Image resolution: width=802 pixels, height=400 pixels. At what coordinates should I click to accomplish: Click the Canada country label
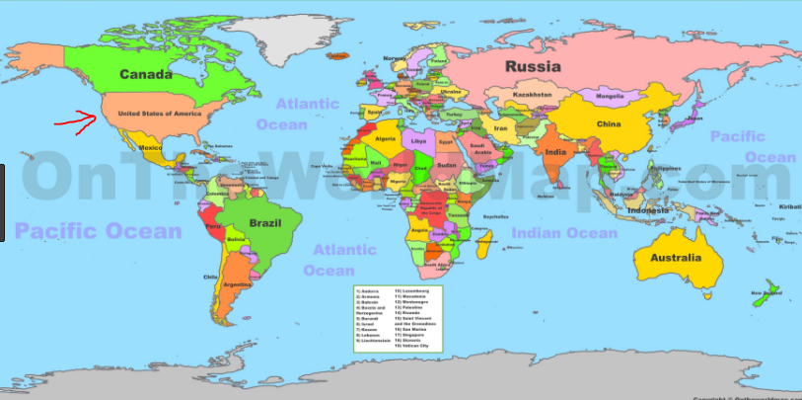point(146,74)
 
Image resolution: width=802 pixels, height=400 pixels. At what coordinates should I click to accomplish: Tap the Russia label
point(534,66)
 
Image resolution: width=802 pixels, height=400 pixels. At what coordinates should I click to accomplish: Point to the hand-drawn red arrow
point(74,122)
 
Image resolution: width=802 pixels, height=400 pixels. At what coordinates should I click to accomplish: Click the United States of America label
point(152,114)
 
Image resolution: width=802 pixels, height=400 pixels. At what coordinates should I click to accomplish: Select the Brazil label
point(265,223)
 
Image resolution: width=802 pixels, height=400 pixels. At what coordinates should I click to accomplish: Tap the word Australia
point(675,258)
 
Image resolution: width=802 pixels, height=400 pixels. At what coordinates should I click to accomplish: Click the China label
point(608,124)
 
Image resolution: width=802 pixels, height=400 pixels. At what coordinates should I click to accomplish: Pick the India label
point(555,153)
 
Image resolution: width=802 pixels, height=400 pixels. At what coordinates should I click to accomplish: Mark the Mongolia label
point(611,97)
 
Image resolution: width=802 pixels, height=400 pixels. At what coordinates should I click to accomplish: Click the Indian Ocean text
point(564,233)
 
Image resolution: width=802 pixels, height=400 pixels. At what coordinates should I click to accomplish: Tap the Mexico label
point(150,147)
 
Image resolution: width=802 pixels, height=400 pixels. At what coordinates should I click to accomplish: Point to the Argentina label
point(238,284)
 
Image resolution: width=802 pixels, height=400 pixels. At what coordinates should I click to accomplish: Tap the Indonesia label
point(646,210)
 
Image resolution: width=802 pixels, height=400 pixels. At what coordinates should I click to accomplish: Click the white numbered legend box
point(400,318)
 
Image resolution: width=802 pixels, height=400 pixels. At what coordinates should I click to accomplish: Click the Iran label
point(500,128)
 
